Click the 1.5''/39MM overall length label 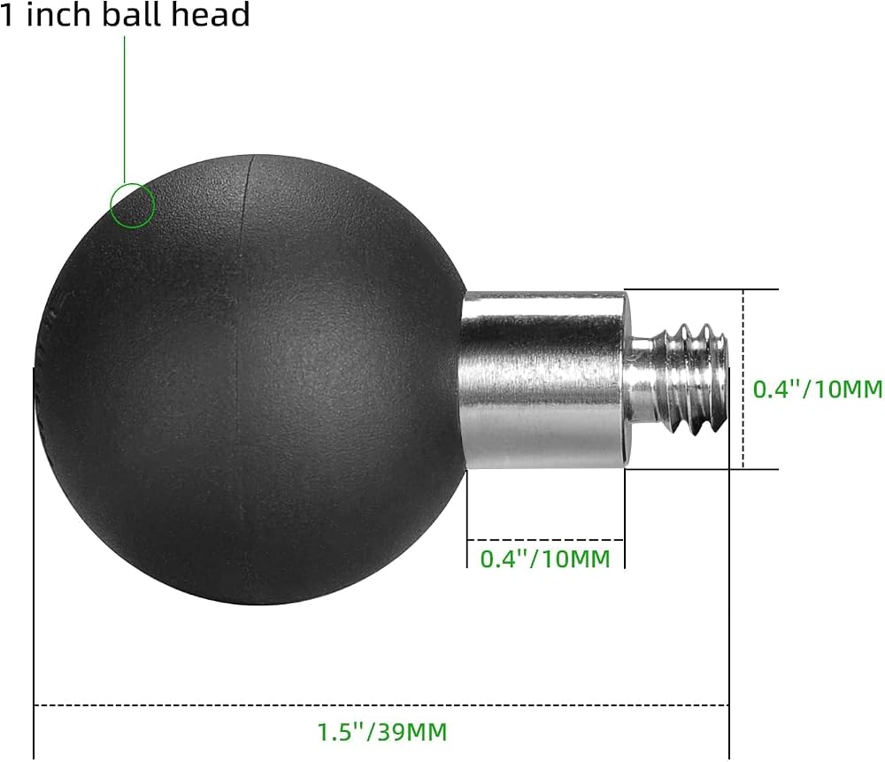tap(382, 732)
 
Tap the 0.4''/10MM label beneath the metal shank tap(545, 558)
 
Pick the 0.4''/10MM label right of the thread tap(818, 389)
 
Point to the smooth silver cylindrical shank tap(543, 379)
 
